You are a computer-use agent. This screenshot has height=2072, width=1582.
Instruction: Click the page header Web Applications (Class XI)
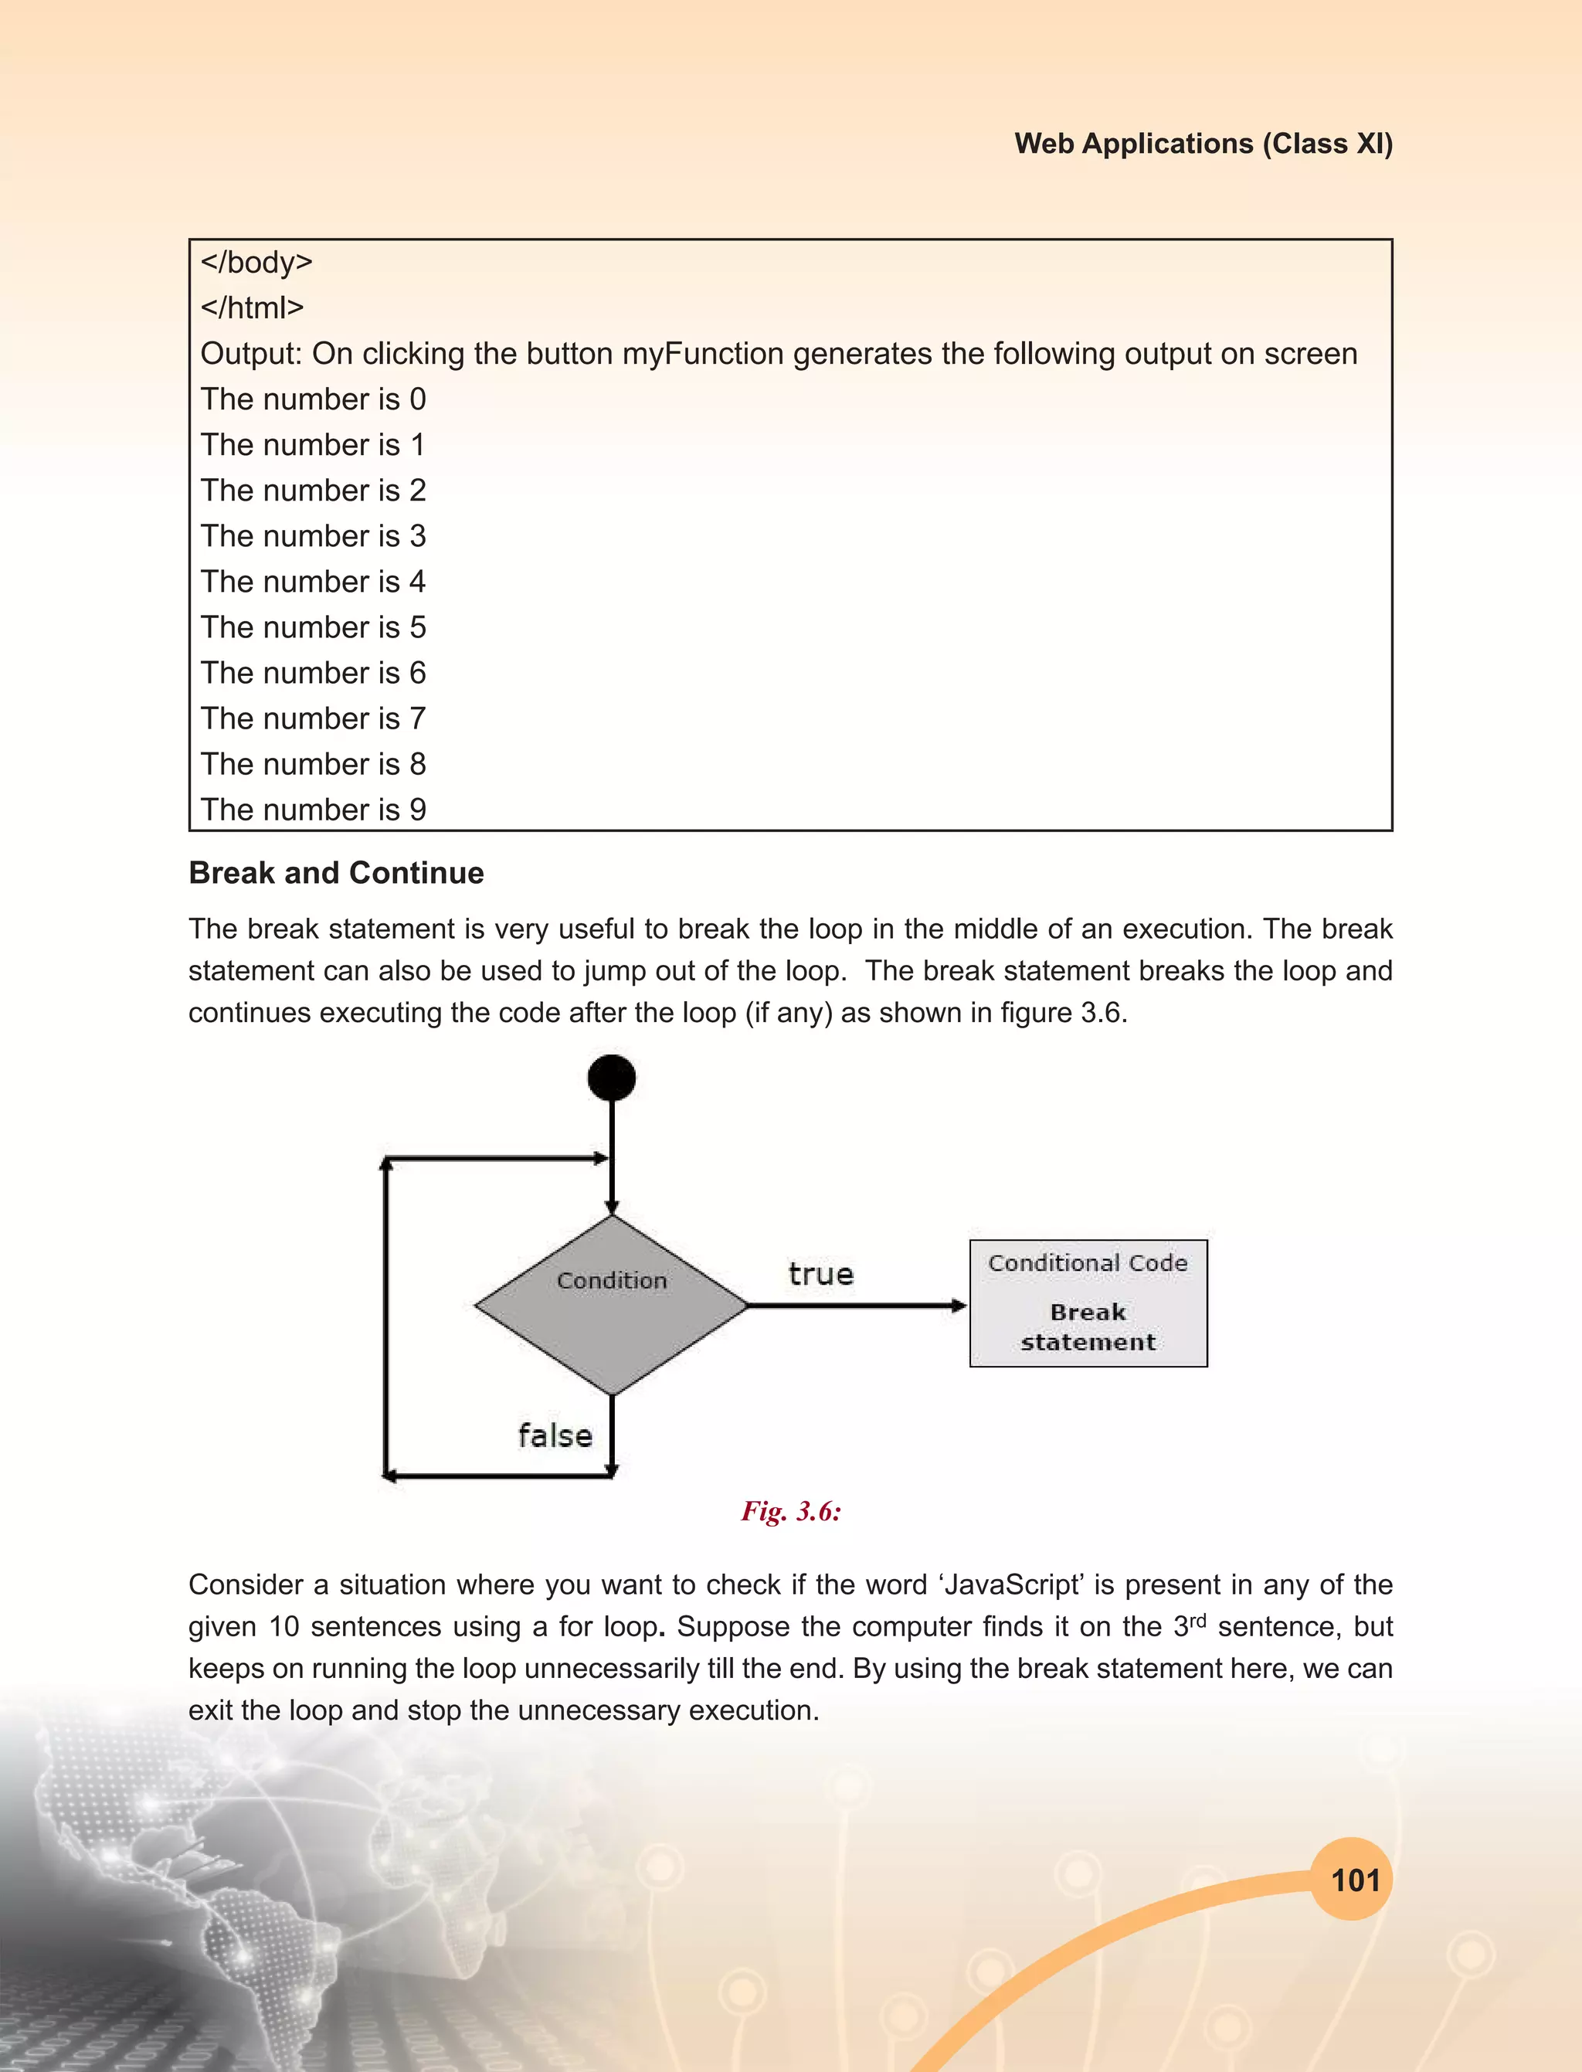(x=1203, y=143)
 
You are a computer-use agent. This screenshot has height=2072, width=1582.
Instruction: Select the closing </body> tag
(x=256, y=262)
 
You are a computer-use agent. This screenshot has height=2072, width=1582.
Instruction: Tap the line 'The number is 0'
(x=313, y=399)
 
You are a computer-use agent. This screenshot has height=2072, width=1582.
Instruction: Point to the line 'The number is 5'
(x=313, y=627)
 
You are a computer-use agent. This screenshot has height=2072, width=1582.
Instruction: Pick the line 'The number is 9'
(x=313, y=809)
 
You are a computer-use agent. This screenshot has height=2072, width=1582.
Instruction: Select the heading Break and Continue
(x=336, y=873)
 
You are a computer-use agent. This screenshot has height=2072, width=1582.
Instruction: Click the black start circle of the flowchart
(x=611, y=1078)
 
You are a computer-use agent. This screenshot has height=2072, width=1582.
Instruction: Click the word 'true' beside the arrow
(x=820, y=1274)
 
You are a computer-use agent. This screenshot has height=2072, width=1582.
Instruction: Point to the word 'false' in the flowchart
(x=555, y=1436)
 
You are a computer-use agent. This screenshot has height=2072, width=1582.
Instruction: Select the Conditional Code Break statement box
(x=1088, y=1303)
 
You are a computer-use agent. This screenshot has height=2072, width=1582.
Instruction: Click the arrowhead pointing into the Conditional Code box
(x=959, y=1306)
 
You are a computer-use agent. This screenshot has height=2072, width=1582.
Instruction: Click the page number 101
(x=1354, y=1881)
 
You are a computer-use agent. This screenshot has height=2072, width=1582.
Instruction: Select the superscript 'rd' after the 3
(x=1197, y=1620)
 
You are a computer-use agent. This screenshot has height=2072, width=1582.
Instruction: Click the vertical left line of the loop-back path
(x=386, y=1319)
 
